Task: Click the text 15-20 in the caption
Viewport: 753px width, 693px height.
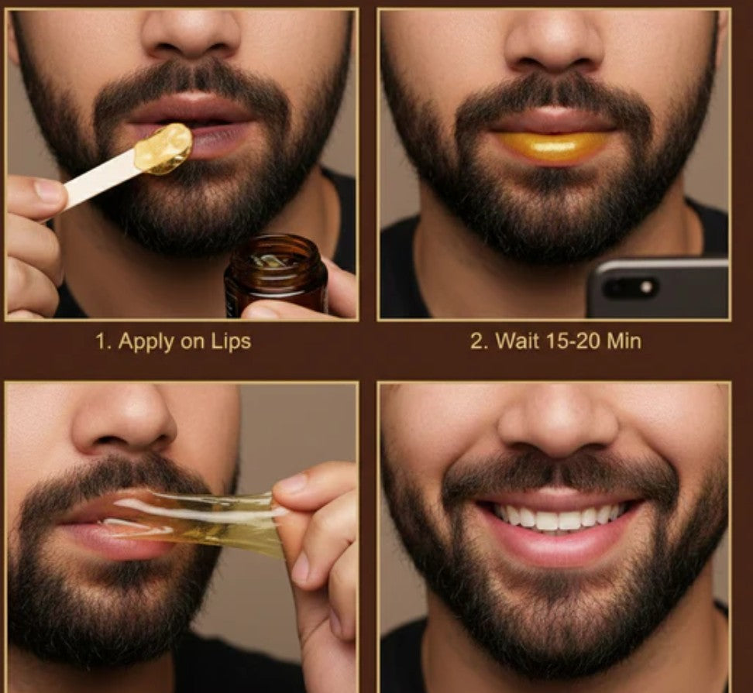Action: tap(569, 341)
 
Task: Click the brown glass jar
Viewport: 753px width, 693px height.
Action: tap(276, 274)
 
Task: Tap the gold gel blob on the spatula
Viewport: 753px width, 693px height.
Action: tap(163, 147)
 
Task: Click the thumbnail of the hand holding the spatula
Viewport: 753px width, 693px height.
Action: tap(49, 193)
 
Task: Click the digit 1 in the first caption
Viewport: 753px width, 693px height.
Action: tap(100, 341)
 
